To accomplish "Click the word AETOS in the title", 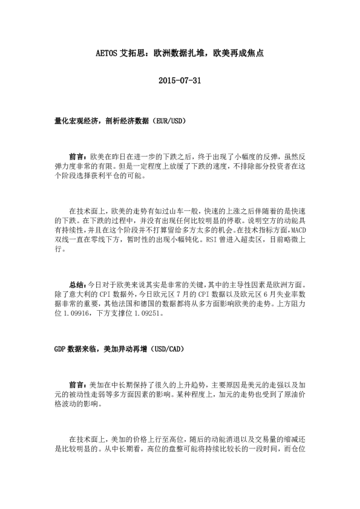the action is [109, 53].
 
